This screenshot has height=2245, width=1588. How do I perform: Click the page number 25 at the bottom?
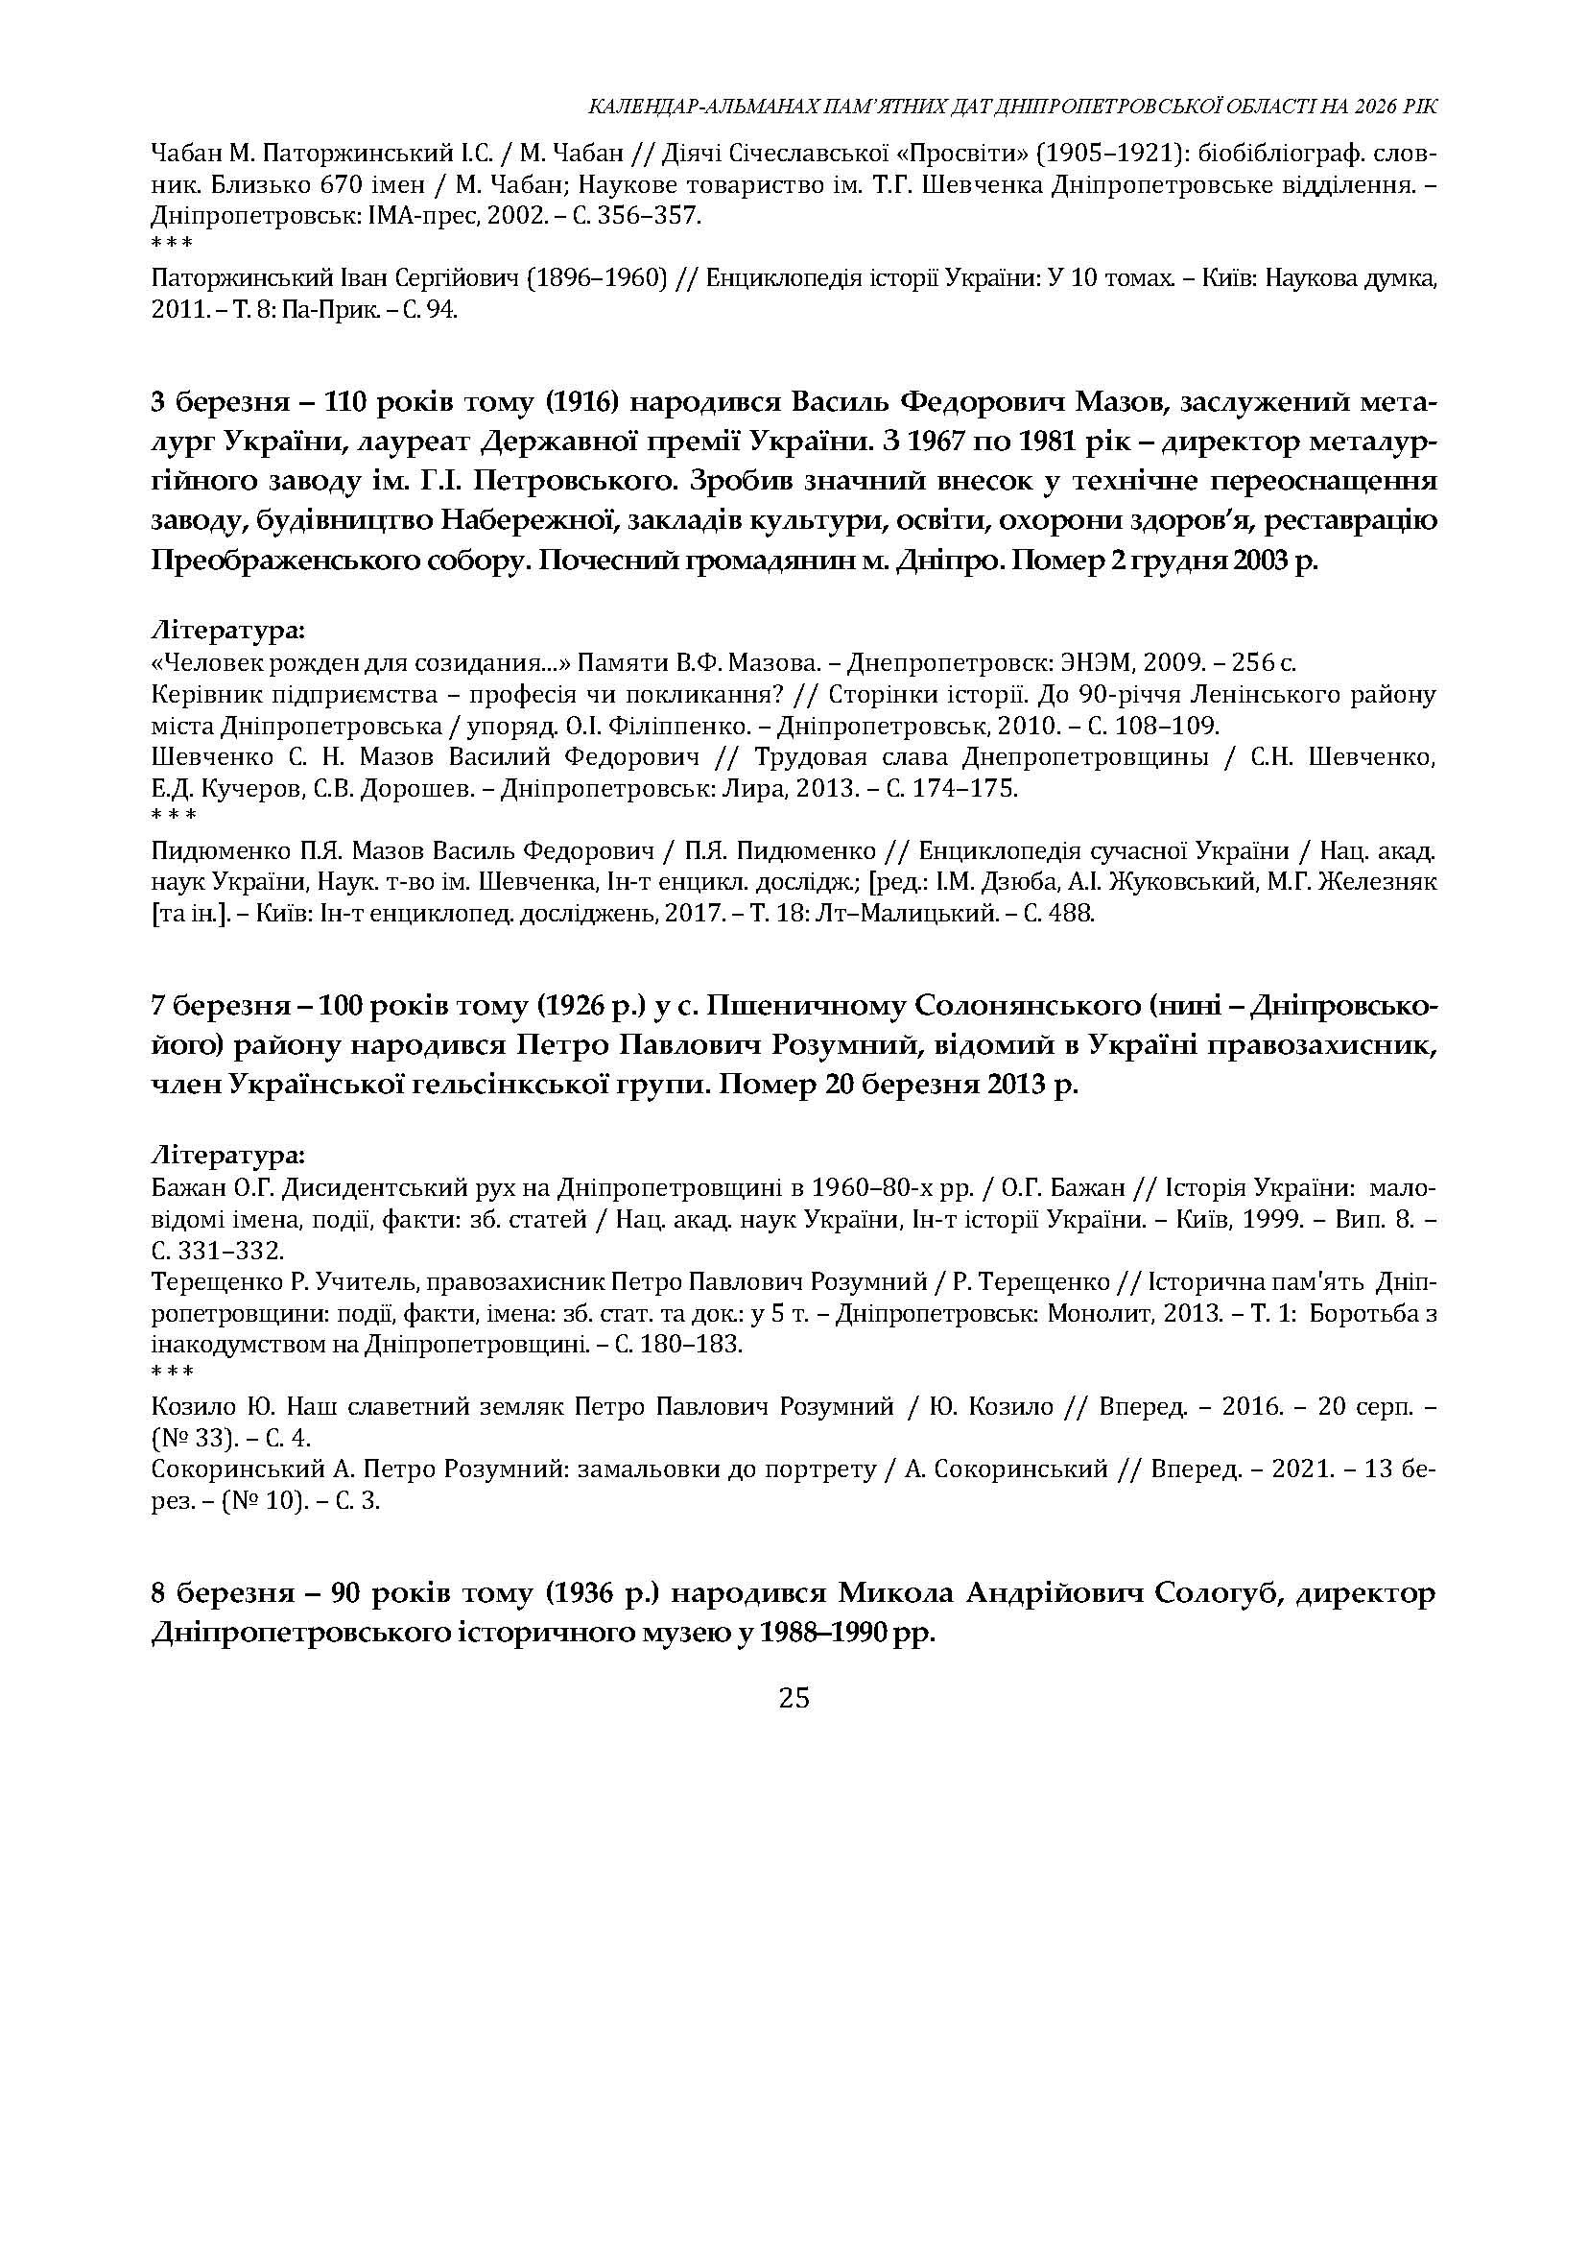[x=794, y=1699]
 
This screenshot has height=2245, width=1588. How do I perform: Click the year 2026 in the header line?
[x=1367, y=107]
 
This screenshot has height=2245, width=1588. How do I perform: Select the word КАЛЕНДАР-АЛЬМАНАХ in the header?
[x=674, y=107]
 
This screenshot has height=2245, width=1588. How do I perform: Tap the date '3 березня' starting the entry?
[x=209, y=403]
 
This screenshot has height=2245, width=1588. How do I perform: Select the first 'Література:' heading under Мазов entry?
[x=228, y=629]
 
